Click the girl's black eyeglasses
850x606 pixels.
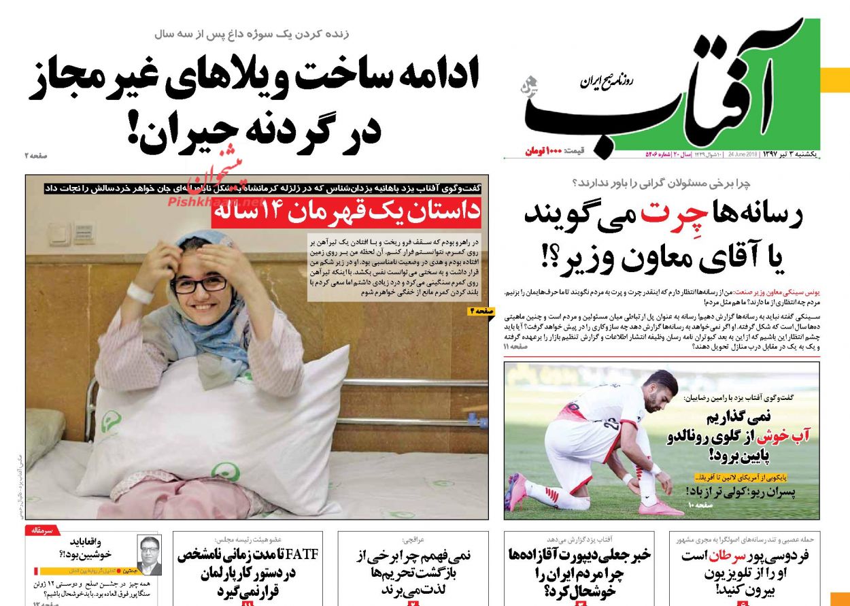(x=199, y=283)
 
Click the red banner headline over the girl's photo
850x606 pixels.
(x=346, y=213)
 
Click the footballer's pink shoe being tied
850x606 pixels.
(x=656, y=507)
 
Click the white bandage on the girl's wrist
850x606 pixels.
(x=140, y=293)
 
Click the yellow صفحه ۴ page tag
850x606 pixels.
(x=481, y=311)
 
